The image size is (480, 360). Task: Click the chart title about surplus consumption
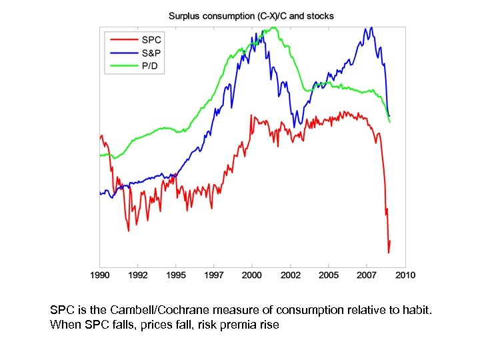(x=251, y=15)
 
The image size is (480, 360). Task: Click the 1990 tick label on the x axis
(x=100, y=275)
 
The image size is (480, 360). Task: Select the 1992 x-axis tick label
(x=138, y=275)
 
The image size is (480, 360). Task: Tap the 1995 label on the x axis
(x=176, y=275)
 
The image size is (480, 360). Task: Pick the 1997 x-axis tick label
(x=214, y=275)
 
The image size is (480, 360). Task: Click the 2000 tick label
(x=252, y=275)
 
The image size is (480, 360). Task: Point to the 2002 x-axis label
(x=290, y=275)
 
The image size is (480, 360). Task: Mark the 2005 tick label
(x=328, y=275)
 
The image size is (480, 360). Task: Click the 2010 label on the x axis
(x=405, y=275)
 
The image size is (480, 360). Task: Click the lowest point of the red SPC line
(x=389, y=253)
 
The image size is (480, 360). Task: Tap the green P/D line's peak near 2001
(x=273, y=27)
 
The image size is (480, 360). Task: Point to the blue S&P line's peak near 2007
(x=371, y=28)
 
